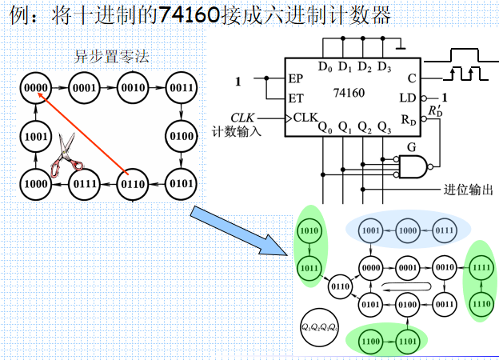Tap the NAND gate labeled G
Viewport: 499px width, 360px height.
coord(413,166)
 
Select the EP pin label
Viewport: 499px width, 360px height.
coord(296,80)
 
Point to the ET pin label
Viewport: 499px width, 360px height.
coord(296,98)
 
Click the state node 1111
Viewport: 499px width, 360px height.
coord(481,267)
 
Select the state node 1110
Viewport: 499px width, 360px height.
coord(481,304)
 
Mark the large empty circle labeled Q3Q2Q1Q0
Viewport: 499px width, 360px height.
coord(319,327)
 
